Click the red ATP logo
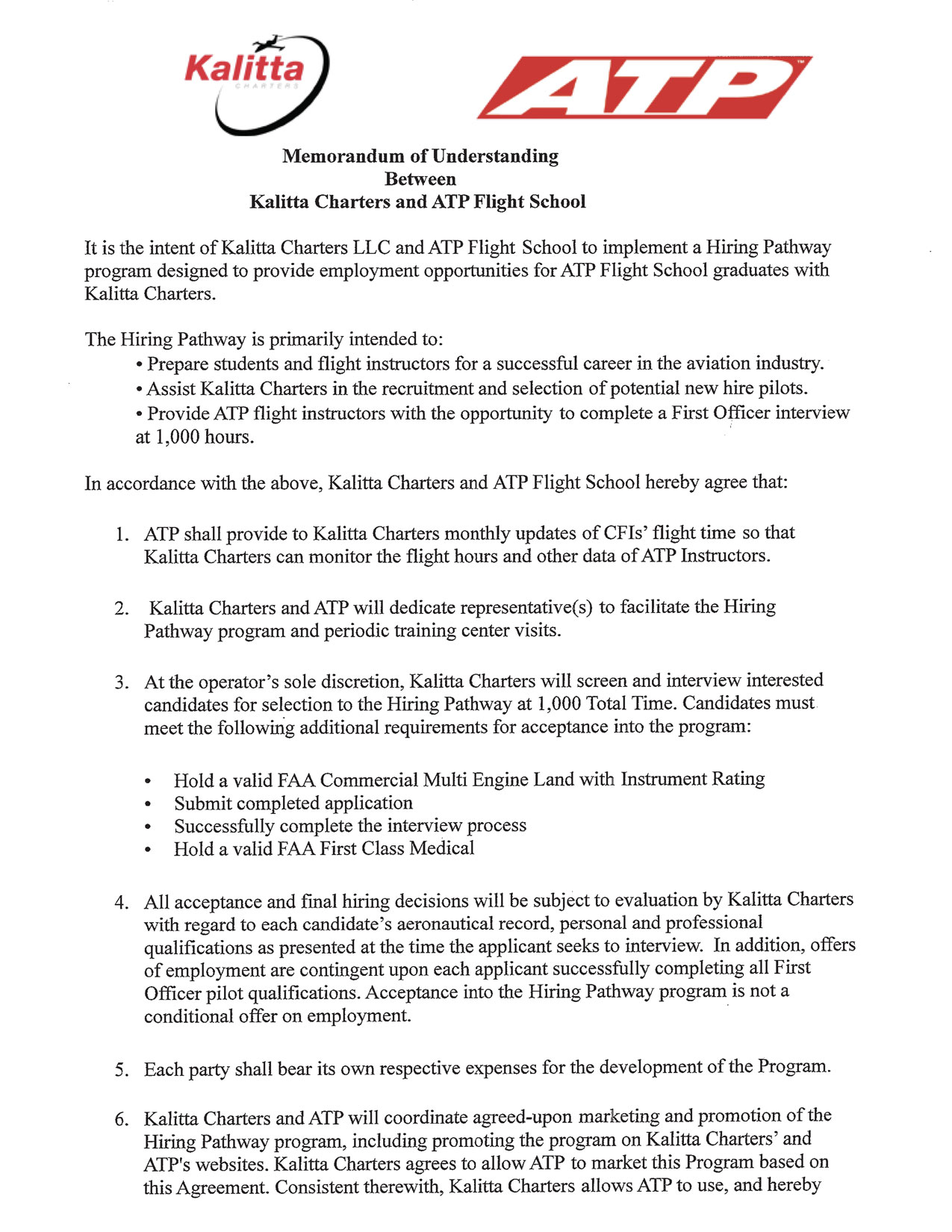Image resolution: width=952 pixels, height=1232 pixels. [x=644, y=87]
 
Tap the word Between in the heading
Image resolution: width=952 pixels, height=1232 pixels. [x=420, y=179]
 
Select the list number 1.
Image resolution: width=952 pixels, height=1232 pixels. [x=122, y=535]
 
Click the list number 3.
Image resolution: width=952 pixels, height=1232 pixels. [x=122, y=682]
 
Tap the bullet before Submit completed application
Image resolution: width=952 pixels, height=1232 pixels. [x=149, y=805]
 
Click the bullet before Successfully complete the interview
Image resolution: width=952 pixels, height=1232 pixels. [x=149, y=827]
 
